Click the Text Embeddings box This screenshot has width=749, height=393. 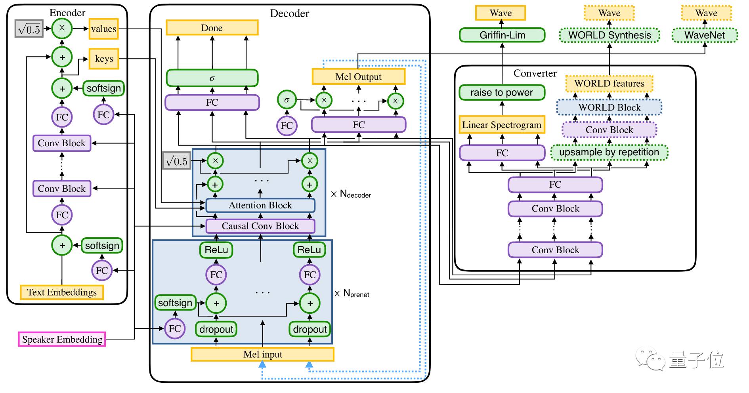62,292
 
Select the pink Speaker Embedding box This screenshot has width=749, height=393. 62,340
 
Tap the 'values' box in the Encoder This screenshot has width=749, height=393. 103,29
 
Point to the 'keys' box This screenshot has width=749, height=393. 104,59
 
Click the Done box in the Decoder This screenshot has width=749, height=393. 212,28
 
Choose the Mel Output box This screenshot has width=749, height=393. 358,77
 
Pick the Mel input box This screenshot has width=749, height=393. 262,355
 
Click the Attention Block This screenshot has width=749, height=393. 260,205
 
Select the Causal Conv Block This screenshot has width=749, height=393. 260,226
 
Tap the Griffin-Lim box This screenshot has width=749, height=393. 502,35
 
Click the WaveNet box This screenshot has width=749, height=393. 705,35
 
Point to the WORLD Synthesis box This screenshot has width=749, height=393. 610,35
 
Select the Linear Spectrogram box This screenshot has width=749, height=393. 502,125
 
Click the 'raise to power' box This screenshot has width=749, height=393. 502,93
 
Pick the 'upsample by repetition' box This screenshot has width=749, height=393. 609,153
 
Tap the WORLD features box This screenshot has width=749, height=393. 609,84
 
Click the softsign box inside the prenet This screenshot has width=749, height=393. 175,303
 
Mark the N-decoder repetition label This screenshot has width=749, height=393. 351,194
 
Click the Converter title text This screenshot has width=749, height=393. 535,73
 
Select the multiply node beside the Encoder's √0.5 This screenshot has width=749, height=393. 62,28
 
